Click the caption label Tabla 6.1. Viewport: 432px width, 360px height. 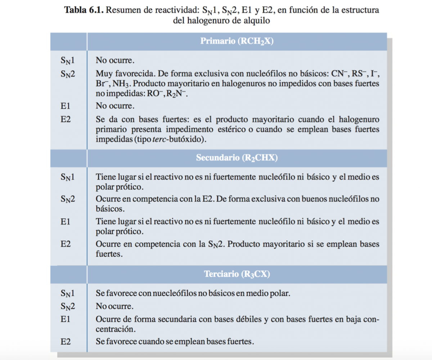pyautogui.click(x=84, y=10)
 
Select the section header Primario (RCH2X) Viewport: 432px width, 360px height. pyautogui.click(x=237, y=41)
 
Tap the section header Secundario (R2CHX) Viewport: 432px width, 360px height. pyautogui.click(x=237, y=158)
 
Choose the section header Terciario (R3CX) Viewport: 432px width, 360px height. pyautogui.click(x=237, y=274)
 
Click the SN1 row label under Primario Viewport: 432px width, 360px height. pyautogui.click(x=68, y=61)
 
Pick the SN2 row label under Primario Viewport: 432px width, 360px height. pyautogui.click(x=68, y=74)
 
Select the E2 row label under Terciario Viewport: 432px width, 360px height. pyautogui.click(x=66, y=341)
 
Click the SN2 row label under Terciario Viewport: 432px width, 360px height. pyautogui.click(x=68, y=306)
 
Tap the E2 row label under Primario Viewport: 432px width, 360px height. pyautogui.click(x=66, y=119)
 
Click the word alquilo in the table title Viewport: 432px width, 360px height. pyautogui.click(x=257, y=20)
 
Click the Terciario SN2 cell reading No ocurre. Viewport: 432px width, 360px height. pyautogui.click(x=114, y=306)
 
